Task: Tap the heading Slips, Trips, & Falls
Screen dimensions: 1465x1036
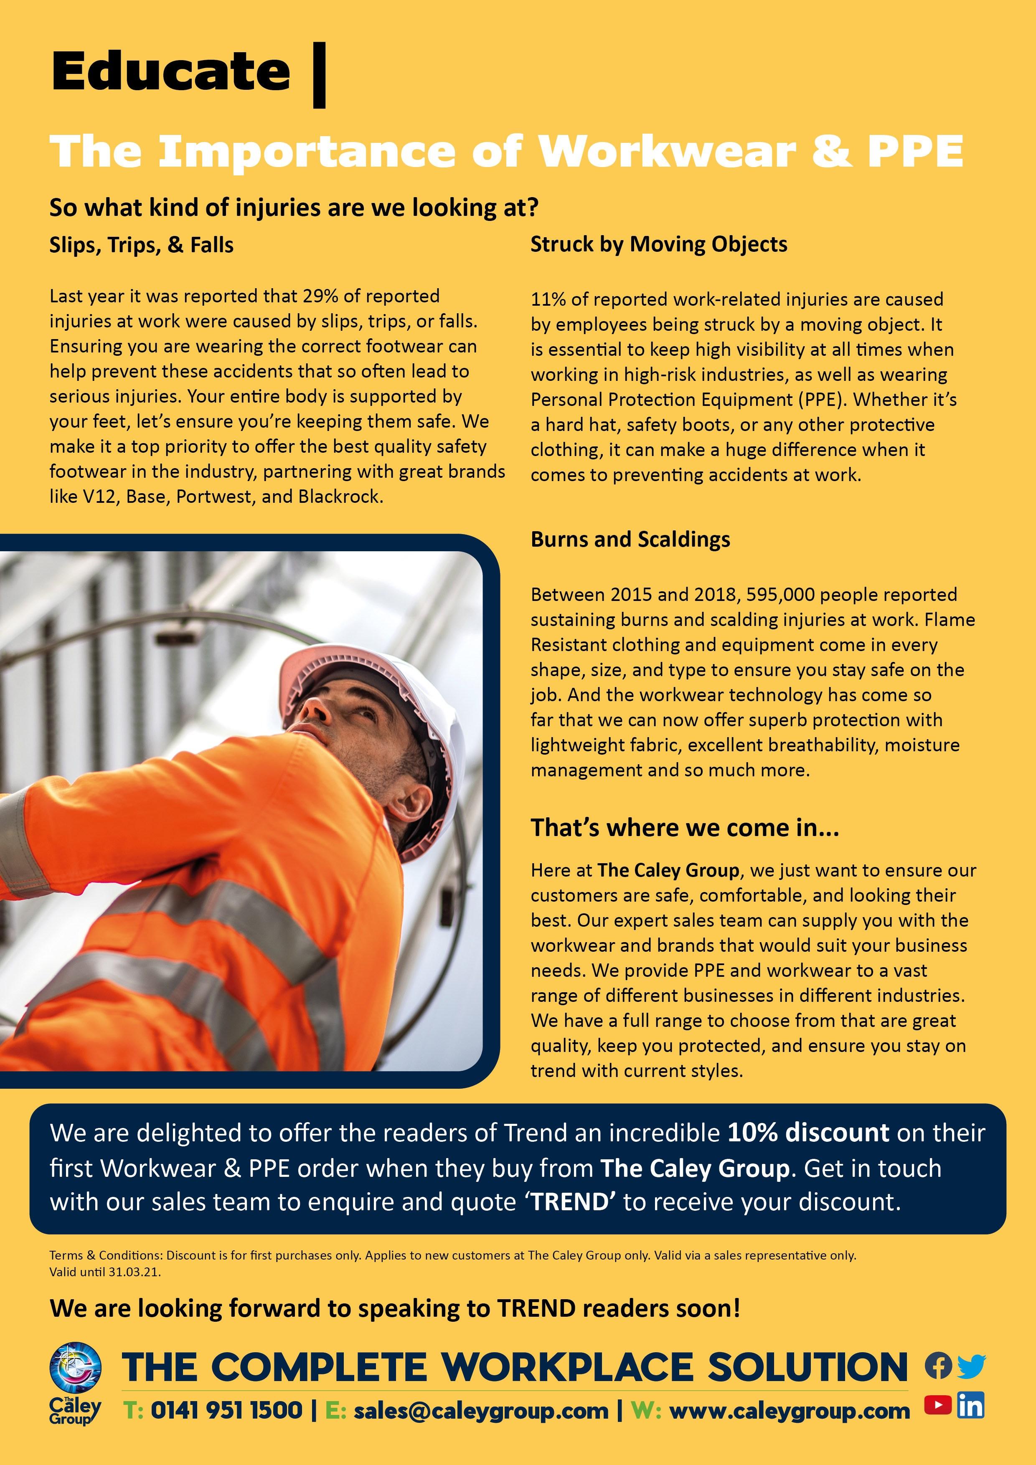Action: click(x=142, y=245)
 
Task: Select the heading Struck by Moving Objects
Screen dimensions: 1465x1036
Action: click(x=659, y=244)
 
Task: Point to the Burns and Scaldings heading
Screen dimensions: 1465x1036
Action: click(x=630, y=540)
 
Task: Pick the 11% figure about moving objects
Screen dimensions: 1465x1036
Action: click(x=546, y=300)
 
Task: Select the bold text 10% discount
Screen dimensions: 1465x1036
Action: click(x=808, y=1133)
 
